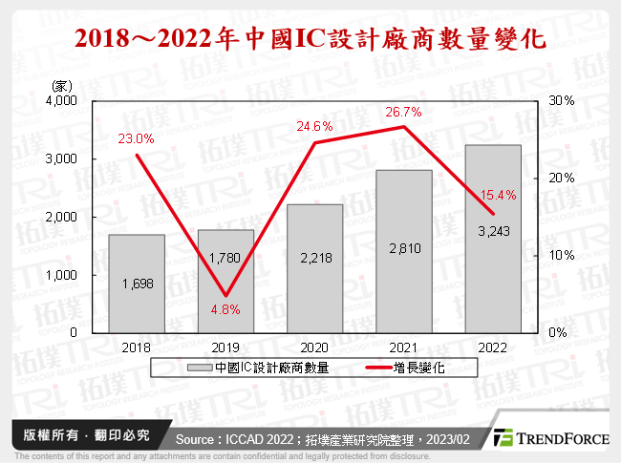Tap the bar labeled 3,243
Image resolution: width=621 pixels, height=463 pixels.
(493, 239)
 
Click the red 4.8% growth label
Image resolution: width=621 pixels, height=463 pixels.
(225, 308)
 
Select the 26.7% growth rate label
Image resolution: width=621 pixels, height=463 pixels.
(404, 112)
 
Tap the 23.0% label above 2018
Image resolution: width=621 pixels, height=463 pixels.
(136, 139)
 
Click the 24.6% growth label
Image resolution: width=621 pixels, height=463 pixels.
(314, 126)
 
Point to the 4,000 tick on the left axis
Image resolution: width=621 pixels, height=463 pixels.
(62, 101)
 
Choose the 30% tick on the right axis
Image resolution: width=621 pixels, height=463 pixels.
(560, 101)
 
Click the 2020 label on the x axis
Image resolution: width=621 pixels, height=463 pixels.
(314, 347)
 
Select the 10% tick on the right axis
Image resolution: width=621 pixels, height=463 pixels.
(560, 255)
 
